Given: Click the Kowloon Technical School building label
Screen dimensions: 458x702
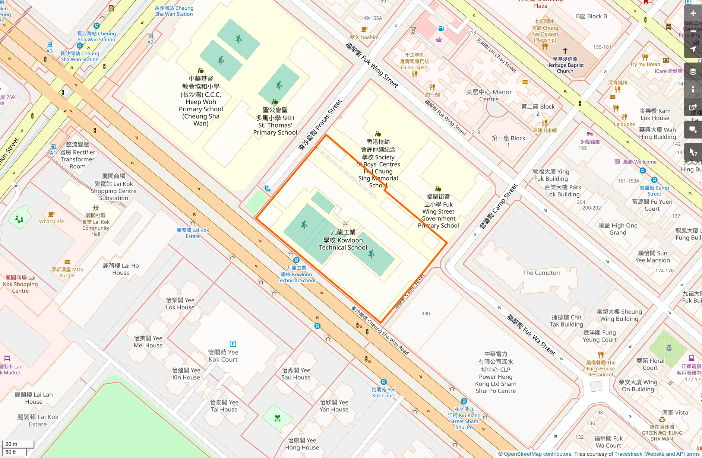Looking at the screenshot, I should [x=343, y=240].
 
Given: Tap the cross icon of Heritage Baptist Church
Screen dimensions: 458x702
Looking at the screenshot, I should [x=565, y=50].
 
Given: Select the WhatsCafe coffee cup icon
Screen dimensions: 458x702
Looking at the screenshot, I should [x=51, y=214].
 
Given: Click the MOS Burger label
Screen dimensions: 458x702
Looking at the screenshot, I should [x=67, y=272].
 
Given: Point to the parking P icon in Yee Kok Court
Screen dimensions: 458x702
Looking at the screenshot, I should [x=233, y=344].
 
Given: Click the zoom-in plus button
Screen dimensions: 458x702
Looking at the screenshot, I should [x=693, y=13].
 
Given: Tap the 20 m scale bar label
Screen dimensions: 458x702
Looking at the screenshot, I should [x=12, y=444].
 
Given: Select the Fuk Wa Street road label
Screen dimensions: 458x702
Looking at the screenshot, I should [x=531, y=335].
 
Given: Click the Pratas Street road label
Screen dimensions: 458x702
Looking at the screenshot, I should [x=320, y=125].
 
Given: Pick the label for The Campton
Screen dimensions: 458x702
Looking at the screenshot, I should [x=541, y=273].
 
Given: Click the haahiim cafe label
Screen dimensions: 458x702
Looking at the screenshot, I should [x=364, y=37].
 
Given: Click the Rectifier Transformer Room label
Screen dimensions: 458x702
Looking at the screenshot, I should [x=78, y=156].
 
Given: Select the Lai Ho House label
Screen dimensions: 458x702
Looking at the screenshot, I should [x=121, y=269].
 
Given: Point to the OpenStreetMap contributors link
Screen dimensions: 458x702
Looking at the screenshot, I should [x=537, y=454].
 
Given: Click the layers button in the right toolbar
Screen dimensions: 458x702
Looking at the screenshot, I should [x=693, y=71].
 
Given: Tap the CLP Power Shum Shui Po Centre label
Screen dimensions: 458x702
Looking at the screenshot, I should [x=496, y=372].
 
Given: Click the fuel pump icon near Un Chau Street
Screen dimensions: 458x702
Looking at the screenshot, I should [x=441, y=29].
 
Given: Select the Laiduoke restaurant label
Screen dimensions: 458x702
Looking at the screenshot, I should [x=624, y=124].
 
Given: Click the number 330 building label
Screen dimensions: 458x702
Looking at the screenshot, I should [x=426, y=314].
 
